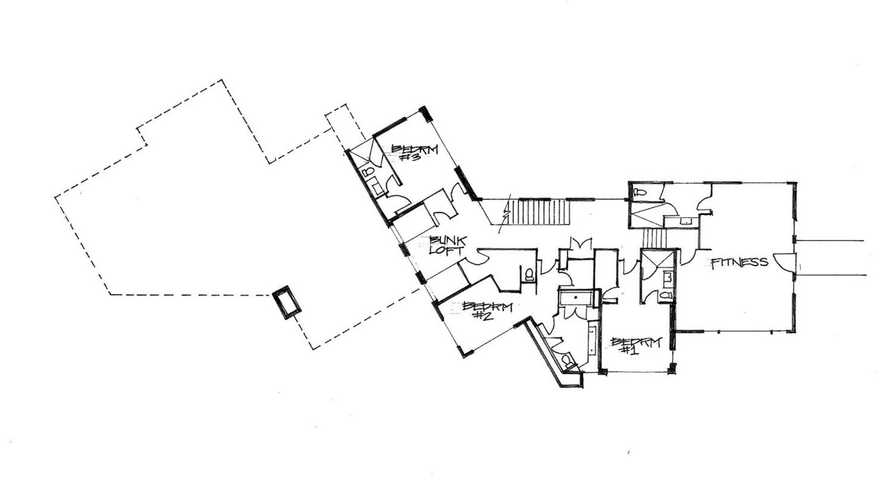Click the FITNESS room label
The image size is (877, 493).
click(x=739, y=263)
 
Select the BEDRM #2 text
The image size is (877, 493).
click(x=487, y=310)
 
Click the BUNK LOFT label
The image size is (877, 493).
click(x=447, y=245)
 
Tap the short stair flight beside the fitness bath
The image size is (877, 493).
click(x=654, y=239)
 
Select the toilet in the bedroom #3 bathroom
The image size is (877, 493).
click(x=368, y=172)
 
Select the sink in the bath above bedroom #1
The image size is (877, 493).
click(x=667, y=279)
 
